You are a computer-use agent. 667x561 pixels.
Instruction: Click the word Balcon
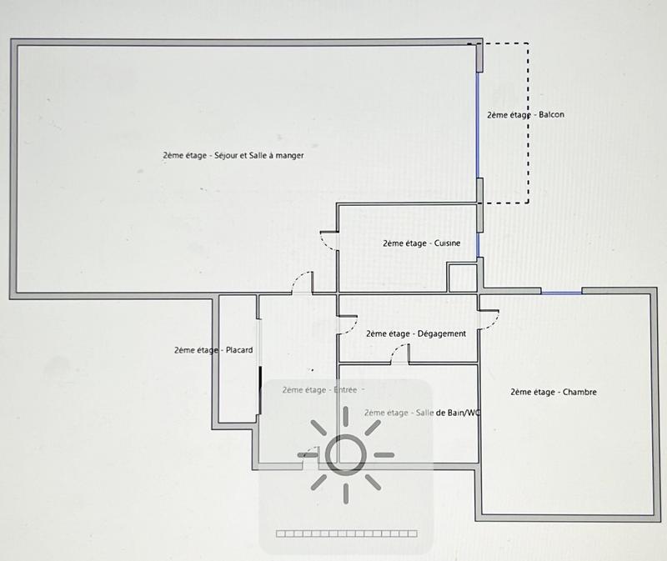point(551,115)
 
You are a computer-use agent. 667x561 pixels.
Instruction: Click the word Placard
point(239,350)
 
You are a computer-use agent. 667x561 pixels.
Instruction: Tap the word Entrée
point(348,389)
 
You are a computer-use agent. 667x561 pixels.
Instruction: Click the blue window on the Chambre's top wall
point(561,292)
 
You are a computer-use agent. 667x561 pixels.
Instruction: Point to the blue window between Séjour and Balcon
point(479,125)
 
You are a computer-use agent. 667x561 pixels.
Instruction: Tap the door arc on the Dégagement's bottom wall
point(399,356)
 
